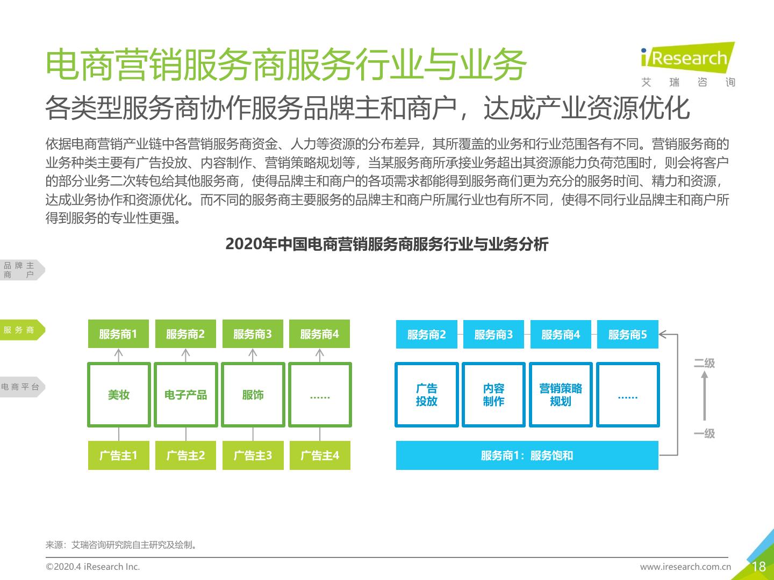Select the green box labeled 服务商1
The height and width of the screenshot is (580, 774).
[x=118, y=334]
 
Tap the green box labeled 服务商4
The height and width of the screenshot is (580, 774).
[x=319, y=334]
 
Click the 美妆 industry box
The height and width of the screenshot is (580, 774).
[x=119, y=395]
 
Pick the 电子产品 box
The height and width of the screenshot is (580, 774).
[x=186, y=395]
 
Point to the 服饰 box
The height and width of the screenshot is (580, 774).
[x=253, y=395]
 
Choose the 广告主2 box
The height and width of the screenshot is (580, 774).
[x=186, y=455]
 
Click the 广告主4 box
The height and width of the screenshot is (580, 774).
[x=320, y=455]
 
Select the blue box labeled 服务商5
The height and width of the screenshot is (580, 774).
[x=628, y=334]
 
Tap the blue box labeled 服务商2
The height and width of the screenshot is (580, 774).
[x=427, y=334]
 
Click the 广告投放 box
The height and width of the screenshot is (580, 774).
[x=427, y=395]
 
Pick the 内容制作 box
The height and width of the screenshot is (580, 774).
[x=493, y=395]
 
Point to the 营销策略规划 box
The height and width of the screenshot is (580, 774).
[x=561, y=395]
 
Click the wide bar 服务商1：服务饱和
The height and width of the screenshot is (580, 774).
[x=527, y=455]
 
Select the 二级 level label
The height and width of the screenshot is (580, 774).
[x=704, y=363]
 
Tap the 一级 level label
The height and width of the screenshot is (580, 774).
[x=704, y=433]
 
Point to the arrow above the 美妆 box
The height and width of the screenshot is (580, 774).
[x=119, y=356]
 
